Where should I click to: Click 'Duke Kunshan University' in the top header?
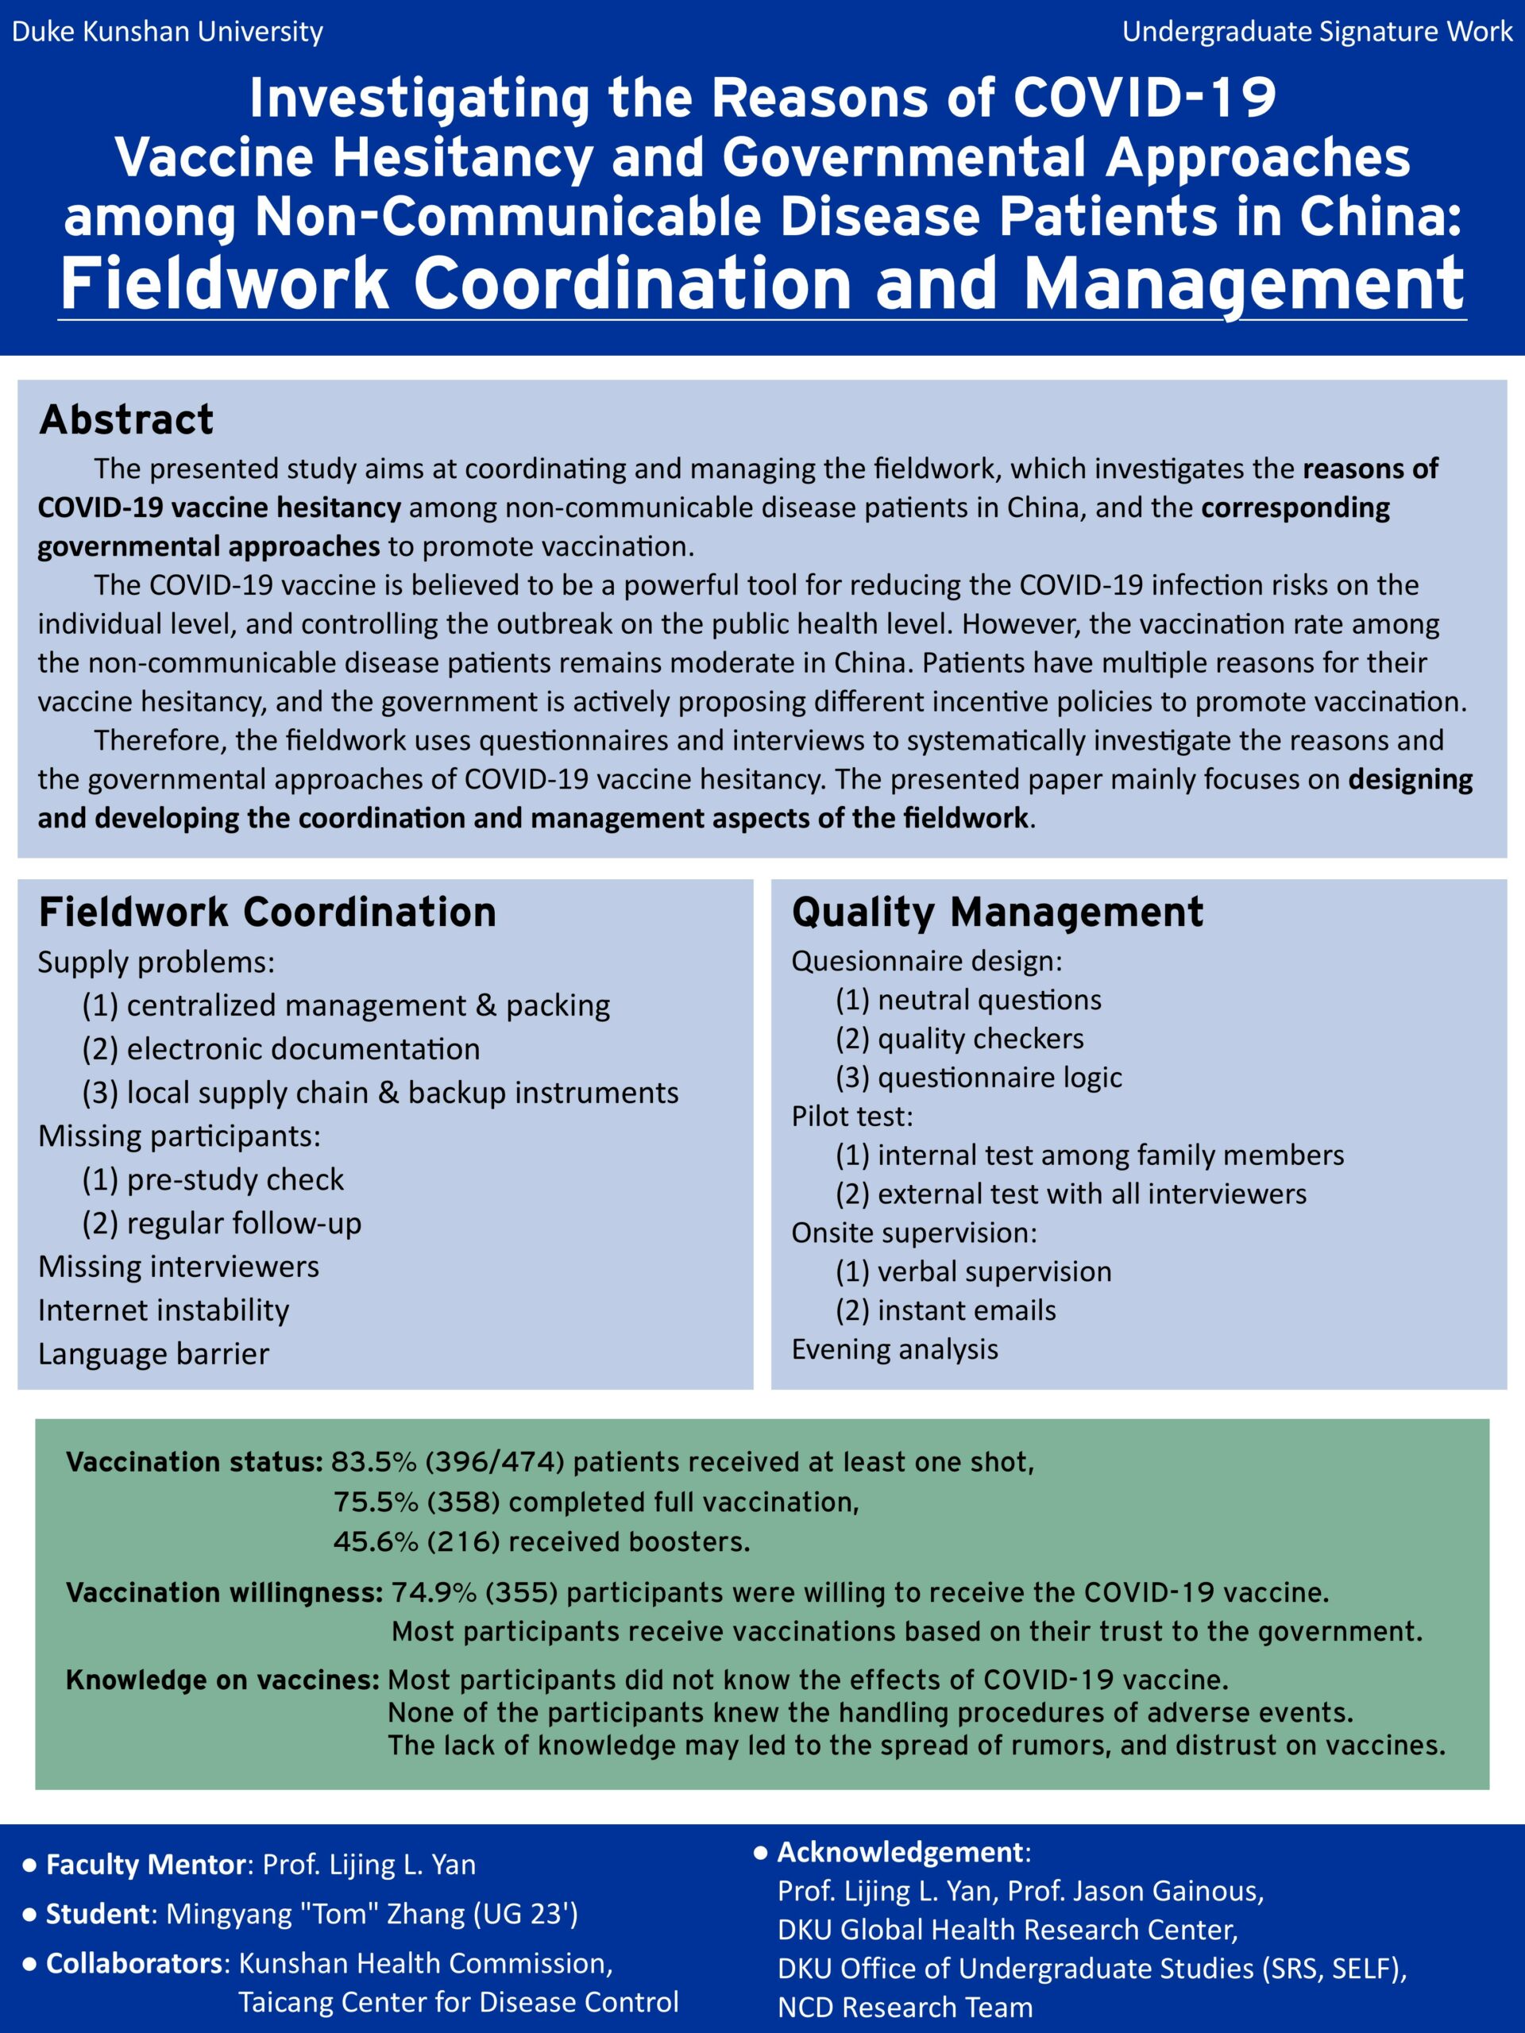point(168,33)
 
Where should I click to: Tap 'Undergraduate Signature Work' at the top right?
point(1316,33)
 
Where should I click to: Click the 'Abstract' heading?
point(126,419)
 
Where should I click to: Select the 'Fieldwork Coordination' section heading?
point(267,912)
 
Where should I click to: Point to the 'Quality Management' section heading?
point(997,912)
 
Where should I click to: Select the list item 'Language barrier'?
point(153,1354)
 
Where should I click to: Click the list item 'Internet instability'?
point(164,1310)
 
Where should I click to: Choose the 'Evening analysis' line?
point(894,1349)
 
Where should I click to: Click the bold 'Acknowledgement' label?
point(899,1852)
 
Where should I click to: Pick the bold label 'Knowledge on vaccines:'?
point(222,1680)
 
